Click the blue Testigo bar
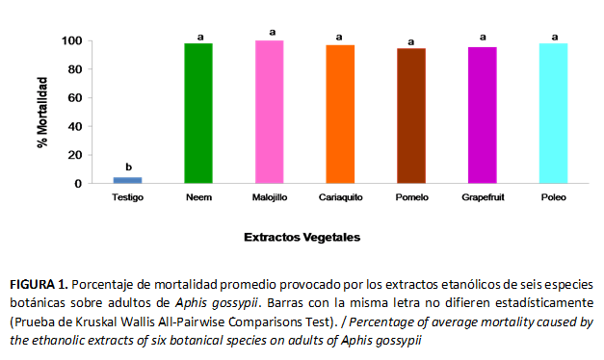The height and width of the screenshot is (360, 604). [x=127, y=180]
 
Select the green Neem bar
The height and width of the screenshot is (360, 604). [x=198, y=114]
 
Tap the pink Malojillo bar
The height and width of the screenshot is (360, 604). [x=270, y=112]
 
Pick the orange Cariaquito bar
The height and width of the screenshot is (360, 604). [x=340, y=114]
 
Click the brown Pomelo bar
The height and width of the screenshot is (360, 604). [x=411, y=116]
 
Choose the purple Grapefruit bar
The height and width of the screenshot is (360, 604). [x=483, y=116]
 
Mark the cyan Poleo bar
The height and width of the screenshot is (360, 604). [x=553, y=114]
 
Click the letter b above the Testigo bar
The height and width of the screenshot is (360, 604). [x=129, y=167]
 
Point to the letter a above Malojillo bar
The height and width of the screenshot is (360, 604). [x=273, y=33]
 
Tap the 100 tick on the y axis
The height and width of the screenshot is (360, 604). [x=71, y=40]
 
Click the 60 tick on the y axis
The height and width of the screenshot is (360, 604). [x=75, y=98]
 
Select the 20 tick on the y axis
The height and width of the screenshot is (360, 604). [x=75, y=155]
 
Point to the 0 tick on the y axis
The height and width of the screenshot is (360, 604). [x=78, y=184]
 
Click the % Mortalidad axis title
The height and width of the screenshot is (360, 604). [x=42, y=113]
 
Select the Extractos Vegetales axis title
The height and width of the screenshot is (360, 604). [x=302, y=237]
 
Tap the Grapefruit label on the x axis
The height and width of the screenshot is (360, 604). [x=483, y=197]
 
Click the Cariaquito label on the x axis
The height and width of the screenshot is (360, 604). [x=340, y=197]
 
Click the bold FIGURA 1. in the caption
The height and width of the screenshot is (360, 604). [x=39, y=285]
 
